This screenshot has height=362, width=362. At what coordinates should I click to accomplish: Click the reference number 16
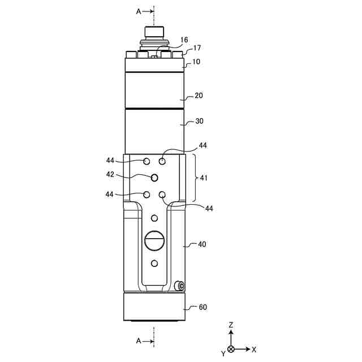pyautogui.click(x=184, y=40)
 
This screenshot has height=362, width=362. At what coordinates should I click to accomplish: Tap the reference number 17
pyautogui.click(x=197, y=48)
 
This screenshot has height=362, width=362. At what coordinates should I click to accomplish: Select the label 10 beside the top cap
pyautogui.click(x=196, y=62)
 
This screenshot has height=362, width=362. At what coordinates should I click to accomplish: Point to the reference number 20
pyautogui.click(x=199, y=96)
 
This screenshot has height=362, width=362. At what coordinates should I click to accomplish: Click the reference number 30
pyautogui.click(x=199, y=121)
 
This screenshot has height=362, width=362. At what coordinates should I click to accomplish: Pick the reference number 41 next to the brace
pyautogui.click(x=204, y=178)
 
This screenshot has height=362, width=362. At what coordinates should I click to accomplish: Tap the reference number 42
pyautogui.click(x=110, y=174)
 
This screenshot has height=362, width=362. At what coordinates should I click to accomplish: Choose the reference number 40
pyautogui.click(x=202, y=244)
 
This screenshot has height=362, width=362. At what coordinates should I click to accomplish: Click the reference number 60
pyautogui.click(x=202, y=307)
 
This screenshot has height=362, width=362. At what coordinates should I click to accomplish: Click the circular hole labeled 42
pyautogui.click(x=154, y=178)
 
